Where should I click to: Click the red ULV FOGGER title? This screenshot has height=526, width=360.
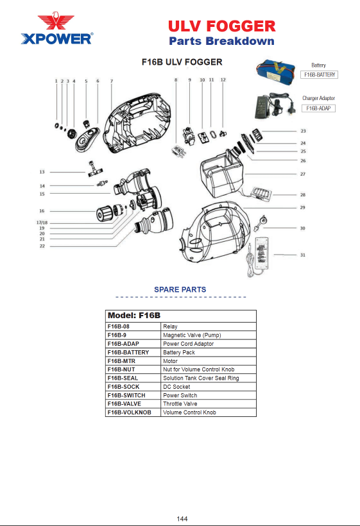point(222,26)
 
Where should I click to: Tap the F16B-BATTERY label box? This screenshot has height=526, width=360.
point(319,75)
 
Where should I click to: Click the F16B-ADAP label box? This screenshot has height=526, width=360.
point(318,108)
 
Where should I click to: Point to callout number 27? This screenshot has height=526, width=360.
point(303,174)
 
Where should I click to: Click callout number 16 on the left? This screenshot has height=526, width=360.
point(42,211)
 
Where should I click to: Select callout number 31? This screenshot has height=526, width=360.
point(303,255)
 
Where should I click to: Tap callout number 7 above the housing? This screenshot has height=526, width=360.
point(112,81)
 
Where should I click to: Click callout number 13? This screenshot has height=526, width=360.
point(42,172)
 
